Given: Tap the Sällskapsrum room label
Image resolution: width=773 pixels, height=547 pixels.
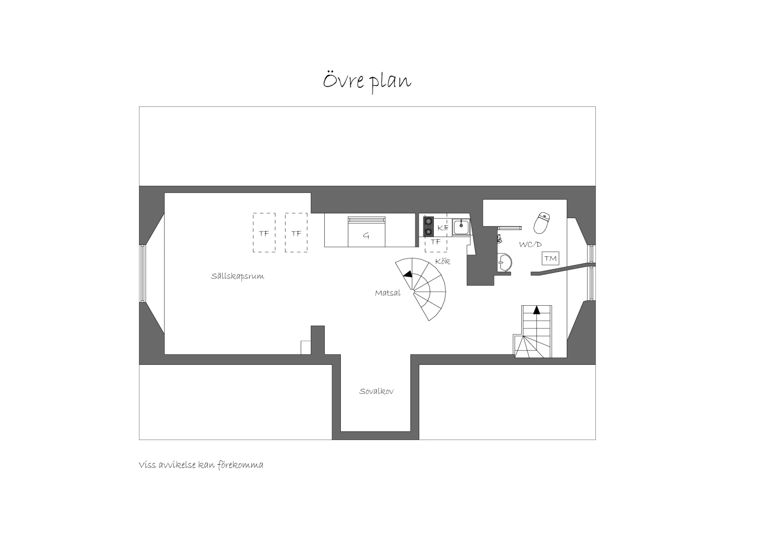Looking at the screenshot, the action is [237, 276].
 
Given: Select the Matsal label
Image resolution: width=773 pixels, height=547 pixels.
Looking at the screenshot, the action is [388, 293].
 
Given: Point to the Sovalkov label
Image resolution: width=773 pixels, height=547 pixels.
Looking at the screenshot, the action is [376, 391].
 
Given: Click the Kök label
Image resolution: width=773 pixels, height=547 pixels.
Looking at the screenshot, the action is [443, 262].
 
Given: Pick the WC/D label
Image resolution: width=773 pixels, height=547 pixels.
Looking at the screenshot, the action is [530, 244].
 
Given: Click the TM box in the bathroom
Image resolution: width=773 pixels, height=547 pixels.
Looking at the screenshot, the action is [550, 258].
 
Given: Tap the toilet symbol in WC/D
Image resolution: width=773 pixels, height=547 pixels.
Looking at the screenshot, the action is [542, 223].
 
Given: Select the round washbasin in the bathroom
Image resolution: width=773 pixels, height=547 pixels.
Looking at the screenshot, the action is [505, 262].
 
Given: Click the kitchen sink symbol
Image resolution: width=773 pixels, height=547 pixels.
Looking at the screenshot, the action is [461, 227].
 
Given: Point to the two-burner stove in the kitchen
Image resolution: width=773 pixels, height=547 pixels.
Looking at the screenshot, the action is [428, 227].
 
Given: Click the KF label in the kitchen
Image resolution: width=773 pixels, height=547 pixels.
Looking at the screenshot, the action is [443, 228].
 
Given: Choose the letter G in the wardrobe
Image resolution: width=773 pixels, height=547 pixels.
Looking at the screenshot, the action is [366, 235].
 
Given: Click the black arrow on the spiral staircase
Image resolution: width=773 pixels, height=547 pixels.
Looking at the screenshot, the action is [408, 274].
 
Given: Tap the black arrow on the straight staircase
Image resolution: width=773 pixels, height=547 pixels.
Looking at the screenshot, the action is [536, 310].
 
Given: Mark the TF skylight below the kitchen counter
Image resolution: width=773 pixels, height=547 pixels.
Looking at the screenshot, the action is [436, 242].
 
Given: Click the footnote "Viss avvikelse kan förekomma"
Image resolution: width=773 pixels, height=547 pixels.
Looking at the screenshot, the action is [201, 465].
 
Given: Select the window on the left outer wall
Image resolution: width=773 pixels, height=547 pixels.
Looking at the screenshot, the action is [142, 273].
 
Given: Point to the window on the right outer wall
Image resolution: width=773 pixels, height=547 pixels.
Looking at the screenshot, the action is [592, 272].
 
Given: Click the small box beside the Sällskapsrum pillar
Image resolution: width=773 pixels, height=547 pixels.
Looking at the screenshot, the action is [306, 348].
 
